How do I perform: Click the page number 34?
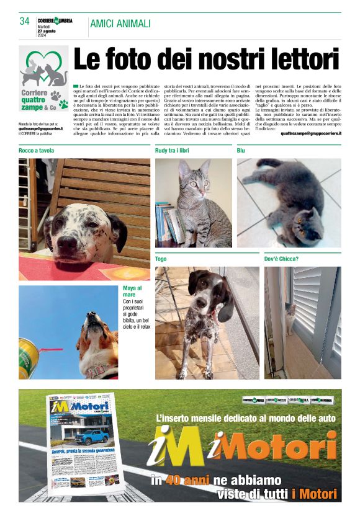click(x=25, y=21)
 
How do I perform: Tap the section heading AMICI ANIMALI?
click(x=120, y=24)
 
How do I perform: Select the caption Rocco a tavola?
click(x=36, y=151)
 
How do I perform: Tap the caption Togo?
click(x=161, y=259)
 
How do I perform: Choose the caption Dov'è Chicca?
click(x=281, y=259)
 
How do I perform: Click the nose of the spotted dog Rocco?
click(x=67, y=239)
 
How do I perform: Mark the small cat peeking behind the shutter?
click(x=290, y=316)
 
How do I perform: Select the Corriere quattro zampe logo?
click(x=43, y=81)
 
